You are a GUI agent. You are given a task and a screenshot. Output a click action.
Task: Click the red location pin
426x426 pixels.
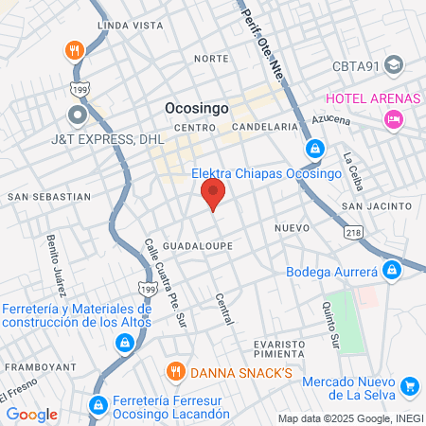[213, 193]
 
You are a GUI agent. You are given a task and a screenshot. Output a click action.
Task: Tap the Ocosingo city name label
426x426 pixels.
[197, 108]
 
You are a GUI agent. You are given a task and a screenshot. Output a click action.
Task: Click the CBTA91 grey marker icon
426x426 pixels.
[394, 66]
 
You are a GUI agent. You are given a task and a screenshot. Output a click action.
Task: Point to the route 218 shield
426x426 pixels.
[354, 231]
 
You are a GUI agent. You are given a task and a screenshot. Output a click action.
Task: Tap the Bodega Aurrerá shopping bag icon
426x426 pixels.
[392, 271]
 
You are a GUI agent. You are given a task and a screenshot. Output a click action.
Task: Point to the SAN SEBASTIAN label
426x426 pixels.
[49, 197]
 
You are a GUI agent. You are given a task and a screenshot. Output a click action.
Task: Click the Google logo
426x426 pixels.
[31, 414]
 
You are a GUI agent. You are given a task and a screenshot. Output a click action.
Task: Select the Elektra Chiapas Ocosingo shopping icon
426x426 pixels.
[314, 149]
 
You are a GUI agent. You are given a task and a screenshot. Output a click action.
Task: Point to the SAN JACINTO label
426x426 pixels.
[377, 205]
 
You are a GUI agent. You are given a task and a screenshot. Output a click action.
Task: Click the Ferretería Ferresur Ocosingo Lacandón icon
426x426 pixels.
[97, 405]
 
